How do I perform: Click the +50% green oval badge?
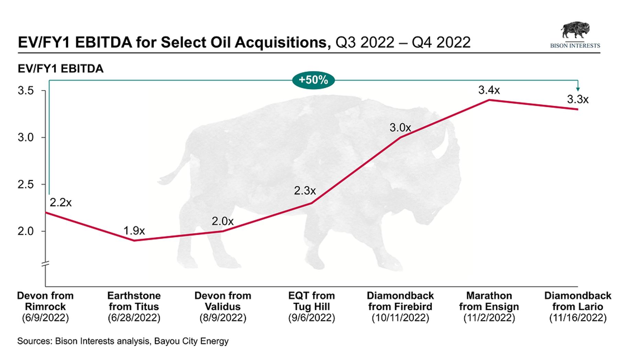coord(313,80)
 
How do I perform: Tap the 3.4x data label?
coord(489,90)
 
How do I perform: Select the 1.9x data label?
coord(134,231)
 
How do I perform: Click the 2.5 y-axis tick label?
coord(26,184)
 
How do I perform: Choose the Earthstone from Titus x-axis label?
coord(134,301)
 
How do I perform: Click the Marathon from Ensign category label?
coord(489,301)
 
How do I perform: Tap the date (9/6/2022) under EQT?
coord(312,318)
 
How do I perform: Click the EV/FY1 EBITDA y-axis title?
coord(60,69)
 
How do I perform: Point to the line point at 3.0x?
coord(400,137)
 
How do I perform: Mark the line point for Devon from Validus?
coord(223,231)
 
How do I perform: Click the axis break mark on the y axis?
coord(45,264)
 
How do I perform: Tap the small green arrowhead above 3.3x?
coord(578,89)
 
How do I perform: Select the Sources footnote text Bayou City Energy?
coord(191,341)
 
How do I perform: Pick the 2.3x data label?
coord(305,191)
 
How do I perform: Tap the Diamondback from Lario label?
coord(578,301)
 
